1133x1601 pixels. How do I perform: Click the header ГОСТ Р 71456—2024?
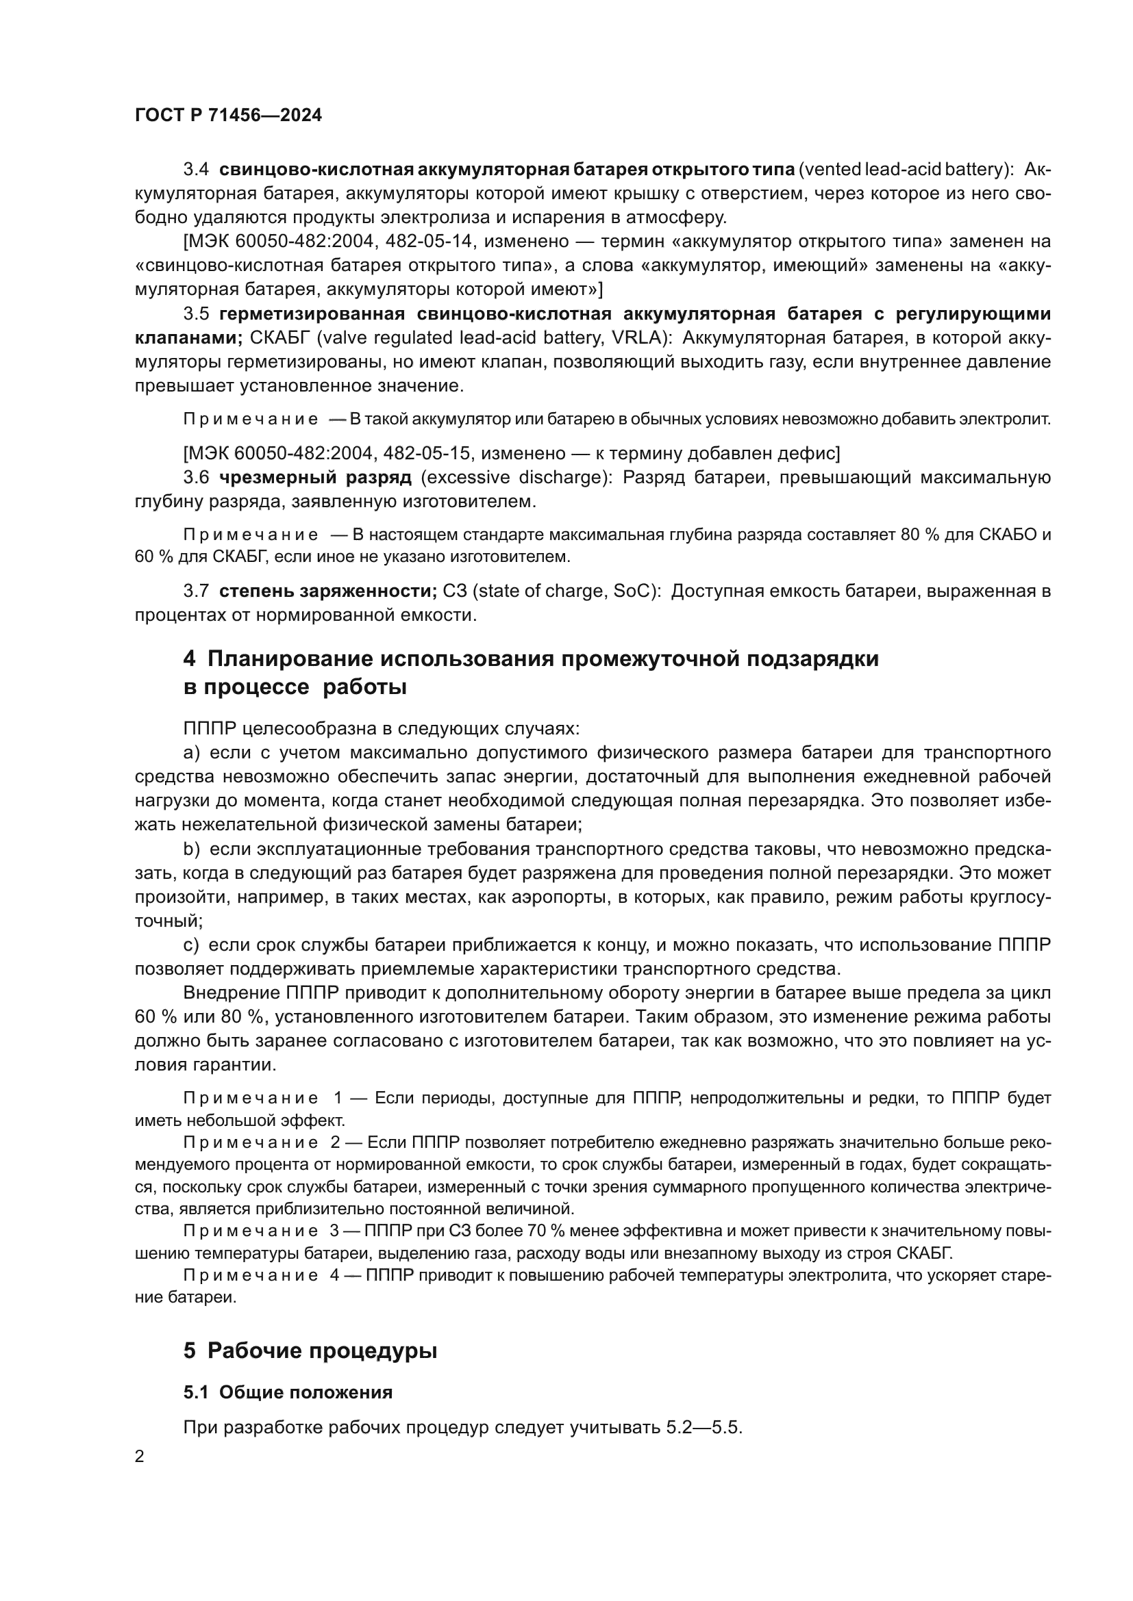[228, 115]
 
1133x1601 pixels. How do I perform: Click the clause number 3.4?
[196, 170]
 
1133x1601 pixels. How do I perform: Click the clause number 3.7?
[196, 591]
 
